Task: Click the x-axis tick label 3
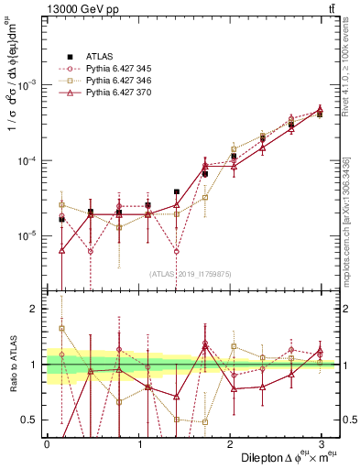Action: click(x=322, y=443)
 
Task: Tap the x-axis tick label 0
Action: click(x=47, y=443)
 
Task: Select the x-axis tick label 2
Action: click(x=230, y=443)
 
